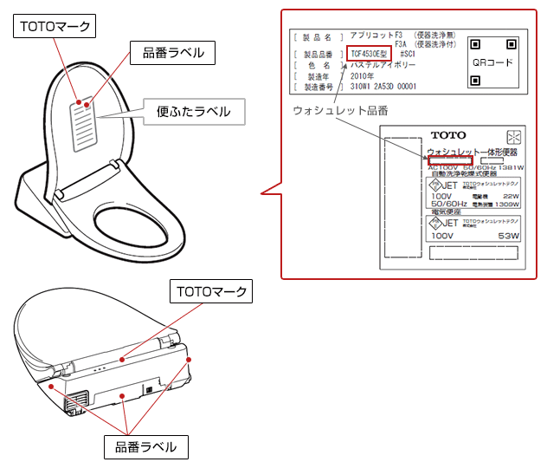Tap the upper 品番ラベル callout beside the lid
coord(173,53)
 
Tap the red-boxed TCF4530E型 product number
coord(370,53)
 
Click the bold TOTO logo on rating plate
coord(447,135)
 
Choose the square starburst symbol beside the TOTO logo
coord(512,137)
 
